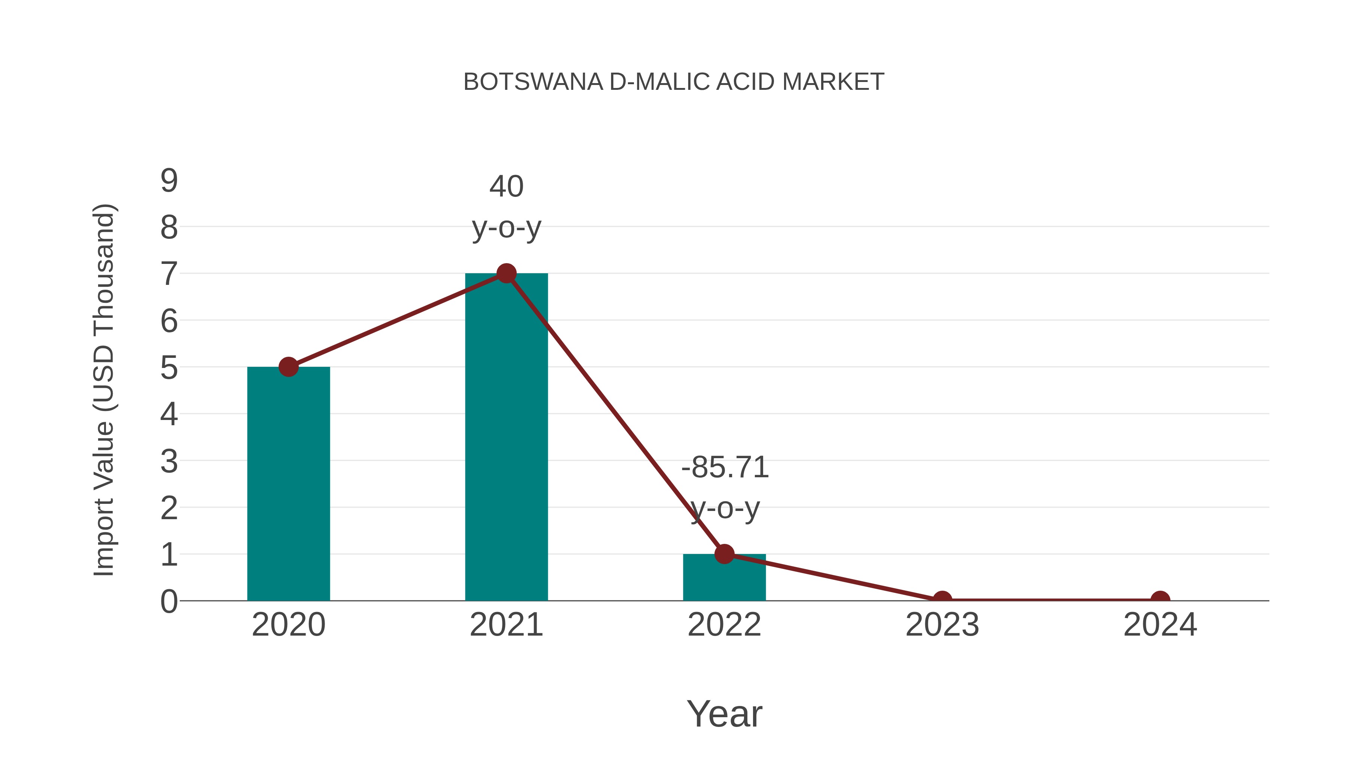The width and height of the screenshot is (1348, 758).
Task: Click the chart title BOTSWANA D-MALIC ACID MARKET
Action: pyautogui.click(x=674, y=82)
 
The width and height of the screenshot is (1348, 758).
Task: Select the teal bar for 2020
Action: pyautogui.click(x=288, y=484)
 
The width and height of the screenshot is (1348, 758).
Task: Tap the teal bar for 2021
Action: pyautogui.click(x=506, y=437)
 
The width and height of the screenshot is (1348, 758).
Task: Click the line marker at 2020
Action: pyautogui.click(x=288, y=367)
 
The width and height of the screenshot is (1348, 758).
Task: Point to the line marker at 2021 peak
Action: pyautogui.click(x=506, y=273)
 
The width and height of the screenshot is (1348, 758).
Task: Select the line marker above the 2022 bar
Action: pyautogui.click(x=724, y=554)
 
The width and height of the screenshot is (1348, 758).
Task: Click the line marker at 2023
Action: pyautogui.click(x=942, y=600)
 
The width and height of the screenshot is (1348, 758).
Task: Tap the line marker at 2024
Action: pyautogui.click(x=1160, y=600)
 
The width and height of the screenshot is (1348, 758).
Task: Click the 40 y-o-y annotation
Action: pyautogui.click(x=506, y=207)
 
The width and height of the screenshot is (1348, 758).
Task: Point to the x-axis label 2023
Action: pyautogui.click(x=942, y=625)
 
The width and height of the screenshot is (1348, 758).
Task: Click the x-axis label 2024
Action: pyautogui.click(x=1160, y=625)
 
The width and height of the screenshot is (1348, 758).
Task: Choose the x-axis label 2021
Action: pyautogui.click(x=506, y=625)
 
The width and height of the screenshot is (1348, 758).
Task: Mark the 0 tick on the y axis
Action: pyautogui.click(x=169, y=601)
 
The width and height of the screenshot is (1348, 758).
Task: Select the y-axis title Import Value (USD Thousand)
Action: pyautogui.click(x=104, y=390)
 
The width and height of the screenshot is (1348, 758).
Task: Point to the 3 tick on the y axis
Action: pyautogui.click(x=169, y=462)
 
